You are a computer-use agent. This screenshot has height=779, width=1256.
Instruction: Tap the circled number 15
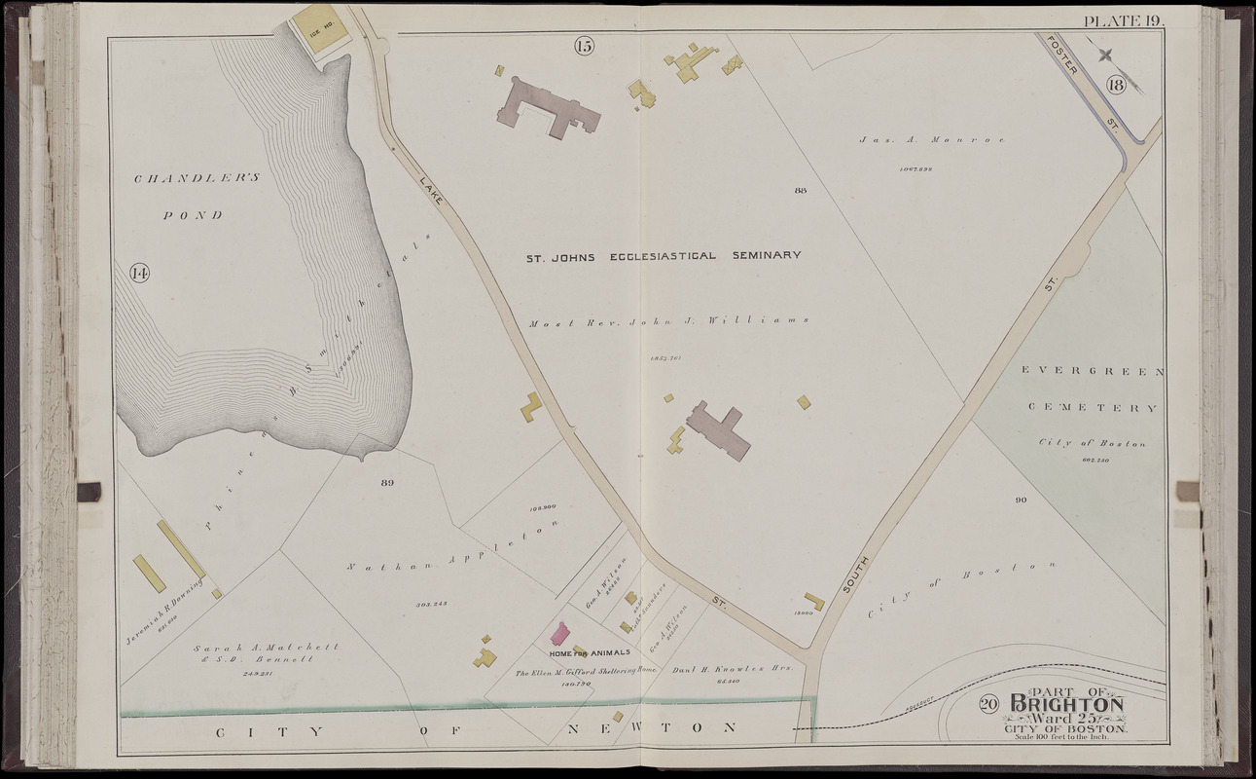pyautogui.click(x=584, y=46)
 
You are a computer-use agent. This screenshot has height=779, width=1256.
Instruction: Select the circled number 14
pyautogui.click(x=140, y=275)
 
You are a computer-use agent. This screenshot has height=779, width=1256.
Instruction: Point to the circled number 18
pyautogui.click(x=1115, y=86)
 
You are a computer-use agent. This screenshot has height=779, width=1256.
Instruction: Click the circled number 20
pyautogui.click(x=988, y=705)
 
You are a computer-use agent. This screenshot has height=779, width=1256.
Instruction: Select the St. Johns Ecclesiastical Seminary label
pyautogui.click(x=664, y=256)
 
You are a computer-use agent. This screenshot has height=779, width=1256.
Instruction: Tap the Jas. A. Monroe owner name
pyautogui.click(x=931, y=139)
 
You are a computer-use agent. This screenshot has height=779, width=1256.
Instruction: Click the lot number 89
pyautogui.click(x=387, y=483)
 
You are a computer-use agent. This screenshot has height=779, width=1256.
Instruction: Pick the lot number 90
pyautogui.click(x=1020, y=501)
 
